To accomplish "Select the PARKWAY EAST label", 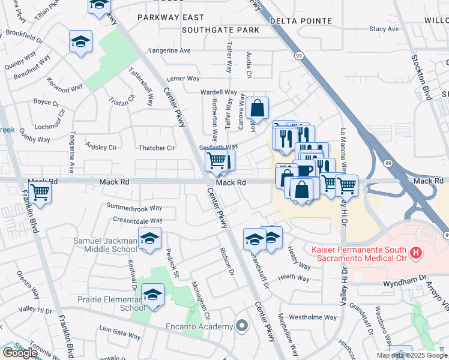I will (x=170, y=18).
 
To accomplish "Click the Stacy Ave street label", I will (x=384, y=29).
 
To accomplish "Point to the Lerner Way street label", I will (x=183, y=79).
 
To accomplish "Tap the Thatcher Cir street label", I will (x=157, y=148).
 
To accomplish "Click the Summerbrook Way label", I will (x=134, y=208).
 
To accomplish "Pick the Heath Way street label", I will (x=294, y=278).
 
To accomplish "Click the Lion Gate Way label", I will (x=120, y=329).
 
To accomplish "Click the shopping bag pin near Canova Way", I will (x=257, y=108).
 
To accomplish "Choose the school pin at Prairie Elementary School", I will (x=153, y=295).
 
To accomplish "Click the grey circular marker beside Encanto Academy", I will (x=242, y=326).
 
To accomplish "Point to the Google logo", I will (x=20, y=352).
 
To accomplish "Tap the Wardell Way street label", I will (x=218, y=92).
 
